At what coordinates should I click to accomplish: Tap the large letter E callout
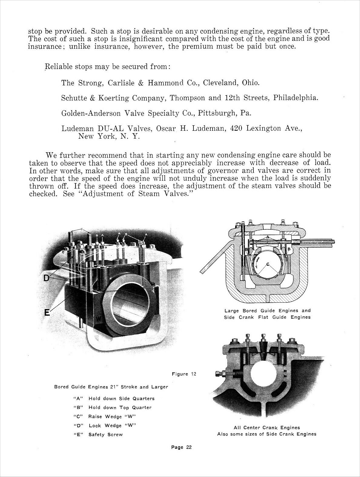47,312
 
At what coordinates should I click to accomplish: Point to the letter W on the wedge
99,318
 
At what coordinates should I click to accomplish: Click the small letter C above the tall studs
82,229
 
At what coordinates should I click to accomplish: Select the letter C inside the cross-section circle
268,264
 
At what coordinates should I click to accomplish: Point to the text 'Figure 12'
184,374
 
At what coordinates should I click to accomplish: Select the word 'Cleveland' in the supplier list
220,83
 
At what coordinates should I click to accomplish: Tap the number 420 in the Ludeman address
236,129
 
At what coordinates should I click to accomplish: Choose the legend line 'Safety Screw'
105,435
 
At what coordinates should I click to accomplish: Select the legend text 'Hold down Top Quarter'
120,407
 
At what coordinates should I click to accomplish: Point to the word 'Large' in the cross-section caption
232,311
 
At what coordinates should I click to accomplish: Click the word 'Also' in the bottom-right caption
223,434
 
